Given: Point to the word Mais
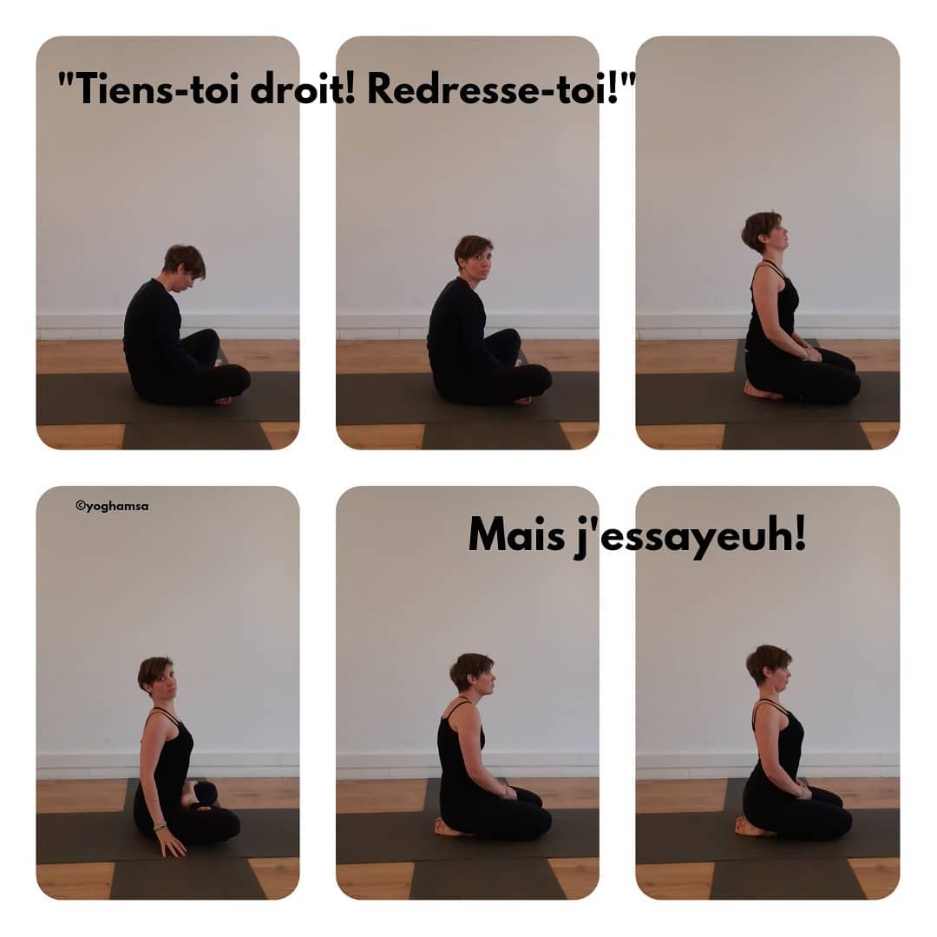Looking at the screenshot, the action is click(516, 534).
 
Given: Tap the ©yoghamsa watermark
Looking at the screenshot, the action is click(112, 506).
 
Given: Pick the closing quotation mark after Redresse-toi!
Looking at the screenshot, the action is click(628, 80).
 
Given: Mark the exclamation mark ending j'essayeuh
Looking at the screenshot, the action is click(800, 534).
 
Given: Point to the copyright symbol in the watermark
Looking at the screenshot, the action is click(80, 506).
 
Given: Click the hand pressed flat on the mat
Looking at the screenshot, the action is click(170, 844).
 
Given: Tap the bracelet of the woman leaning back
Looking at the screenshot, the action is click(159, 827).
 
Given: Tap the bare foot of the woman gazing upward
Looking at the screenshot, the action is click(755, 390).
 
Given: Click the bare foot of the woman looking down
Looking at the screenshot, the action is click(223, 400).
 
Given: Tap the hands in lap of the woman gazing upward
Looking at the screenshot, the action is click(811, 354).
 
